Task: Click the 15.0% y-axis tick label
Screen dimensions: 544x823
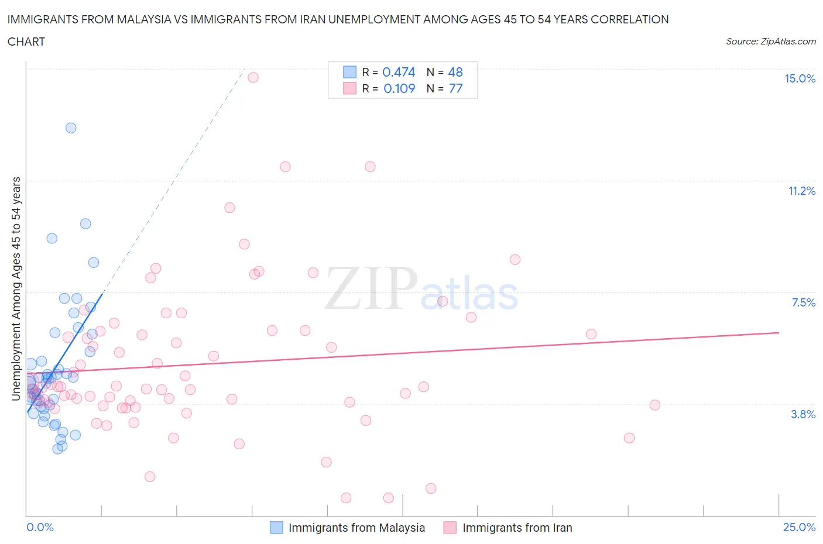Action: (800, 79)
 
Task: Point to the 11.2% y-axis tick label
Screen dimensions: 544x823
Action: (801, 191)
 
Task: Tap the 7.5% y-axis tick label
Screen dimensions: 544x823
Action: (803, 302)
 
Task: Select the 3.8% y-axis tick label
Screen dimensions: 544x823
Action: (803, 414)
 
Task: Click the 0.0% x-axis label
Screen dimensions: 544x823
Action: (40, 527)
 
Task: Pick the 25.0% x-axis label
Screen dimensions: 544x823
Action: (799, 527)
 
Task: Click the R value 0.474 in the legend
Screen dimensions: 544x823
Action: (399, 72)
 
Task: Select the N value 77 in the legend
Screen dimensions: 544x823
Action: (455, 88)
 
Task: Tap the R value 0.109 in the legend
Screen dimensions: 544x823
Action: (399, 88)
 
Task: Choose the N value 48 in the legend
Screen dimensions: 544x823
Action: (455, 72)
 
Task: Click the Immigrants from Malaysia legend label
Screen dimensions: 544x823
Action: (356, 528)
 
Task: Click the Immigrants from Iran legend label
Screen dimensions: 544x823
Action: (517, 528)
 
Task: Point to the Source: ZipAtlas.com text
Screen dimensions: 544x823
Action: (770, 42)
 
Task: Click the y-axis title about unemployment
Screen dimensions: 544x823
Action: (16, 288)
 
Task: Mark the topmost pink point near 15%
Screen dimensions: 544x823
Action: (253, 77)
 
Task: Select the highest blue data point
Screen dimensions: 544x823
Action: (71, 128)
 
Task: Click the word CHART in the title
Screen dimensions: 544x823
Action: (26, 42)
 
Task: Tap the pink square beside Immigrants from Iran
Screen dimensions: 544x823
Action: (450, 528)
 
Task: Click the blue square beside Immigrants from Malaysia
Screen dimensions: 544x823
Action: (276, 528)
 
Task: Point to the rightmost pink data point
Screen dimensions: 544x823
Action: (654, 405)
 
